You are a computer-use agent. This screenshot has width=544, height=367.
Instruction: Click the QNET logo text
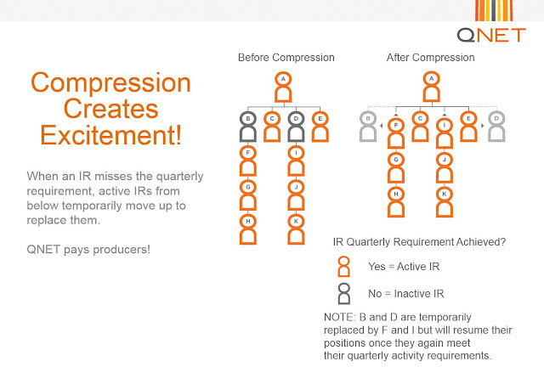(491, 35)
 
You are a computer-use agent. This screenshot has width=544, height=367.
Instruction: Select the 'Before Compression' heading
(286, 58)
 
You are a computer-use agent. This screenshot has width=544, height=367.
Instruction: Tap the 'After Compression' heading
(431, 58)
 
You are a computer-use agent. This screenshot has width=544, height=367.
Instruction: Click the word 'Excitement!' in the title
(111, 135)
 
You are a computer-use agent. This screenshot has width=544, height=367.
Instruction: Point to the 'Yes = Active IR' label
(404, 267)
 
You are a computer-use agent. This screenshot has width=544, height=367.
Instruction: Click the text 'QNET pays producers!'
(88, 250)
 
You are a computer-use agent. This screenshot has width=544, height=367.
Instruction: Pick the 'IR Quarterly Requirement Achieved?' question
(419, 242)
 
